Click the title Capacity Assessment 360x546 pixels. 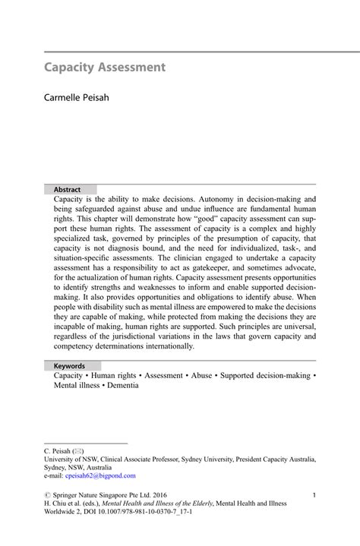[104, 68]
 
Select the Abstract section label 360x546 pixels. [67, 189]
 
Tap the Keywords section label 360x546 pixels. [70, 365]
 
